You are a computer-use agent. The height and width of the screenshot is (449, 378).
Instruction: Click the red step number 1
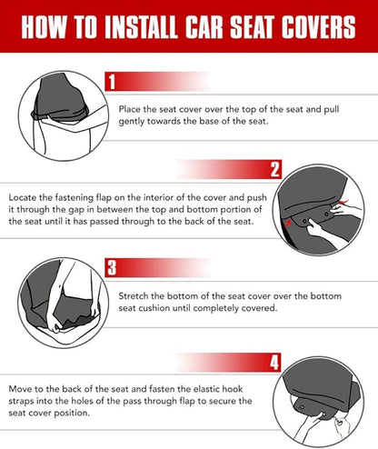click(x=112, y=83)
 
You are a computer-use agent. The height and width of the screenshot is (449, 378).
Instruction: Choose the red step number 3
click(x=112, y=267)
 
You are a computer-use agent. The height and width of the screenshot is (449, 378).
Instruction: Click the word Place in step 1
click(x=130, y=109)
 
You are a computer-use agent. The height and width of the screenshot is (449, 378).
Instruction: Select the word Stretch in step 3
click(x=134, y=296)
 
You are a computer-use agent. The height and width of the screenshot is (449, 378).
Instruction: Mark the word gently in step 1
click(x=135, y=122)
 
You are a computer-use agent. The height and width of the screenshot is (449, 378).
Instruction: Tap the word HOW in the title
click(x=45, y=28)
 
